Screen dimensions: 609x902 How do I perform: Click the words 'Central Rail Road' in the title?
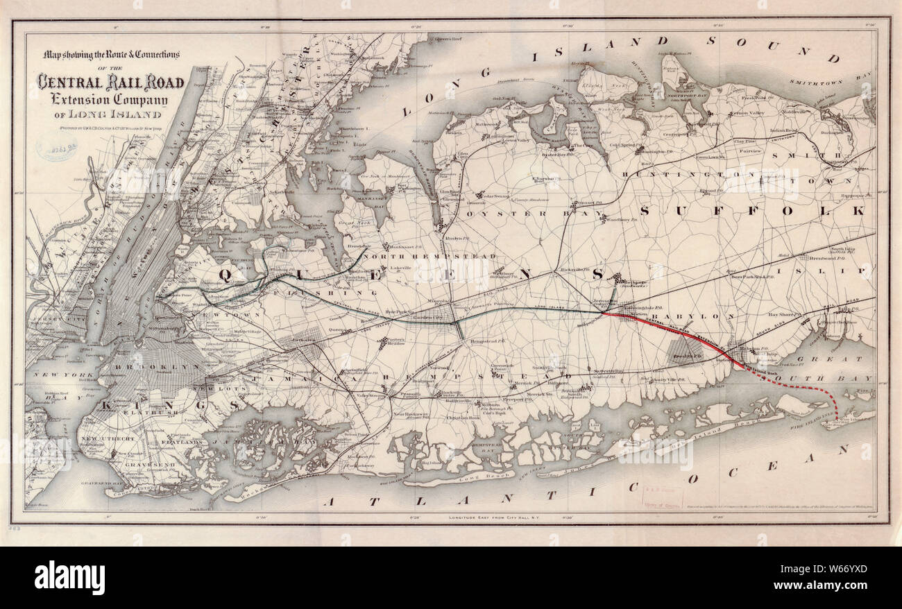[x=111, y=83]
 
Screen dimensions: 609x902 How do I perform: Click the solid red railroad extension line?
[x=673, y=331]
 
